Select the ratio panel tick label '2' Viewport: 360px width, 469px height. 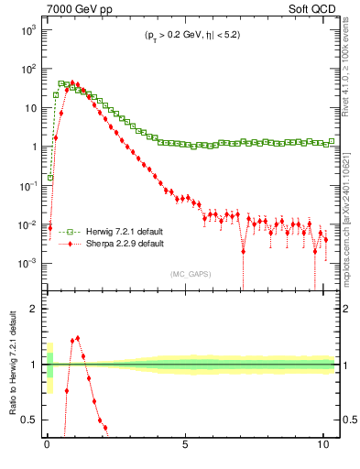pyautogui.click(x=33, y=309)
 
